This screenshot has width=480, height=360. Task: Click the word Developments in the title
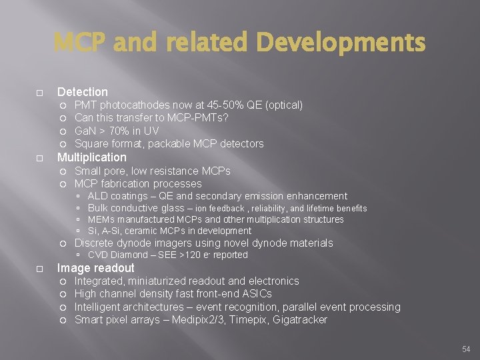[341, 43]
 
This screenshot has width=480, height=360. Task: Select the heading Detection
[83, 92]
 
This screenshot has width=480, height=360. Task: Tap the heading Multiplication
[91, 157]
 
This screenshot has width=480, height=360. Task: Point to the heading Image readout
[95, 268]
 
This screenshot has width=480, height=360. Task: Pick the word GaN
[86, 131]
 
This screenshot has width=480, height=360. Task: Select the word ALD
[98, 196]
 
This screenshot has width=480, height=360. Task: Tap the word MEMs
[101, 219]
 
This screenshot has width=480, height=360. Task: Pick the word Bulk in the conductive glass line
[98, 208]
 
